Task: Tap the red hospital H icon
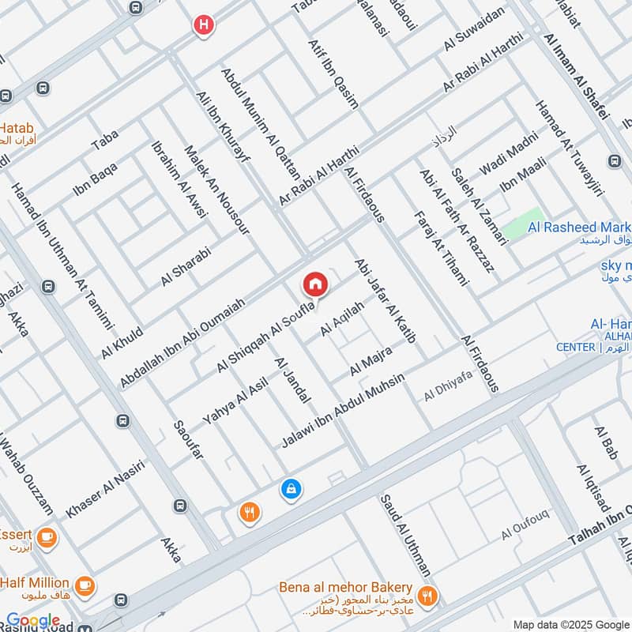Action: click(x=204, y=25)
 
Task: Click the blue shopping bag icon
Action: click(x=291, y=490)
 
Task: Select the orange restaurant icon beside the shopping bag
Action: click(x=250, y=512)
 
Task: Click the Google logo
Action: click(x=32, y=621)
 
